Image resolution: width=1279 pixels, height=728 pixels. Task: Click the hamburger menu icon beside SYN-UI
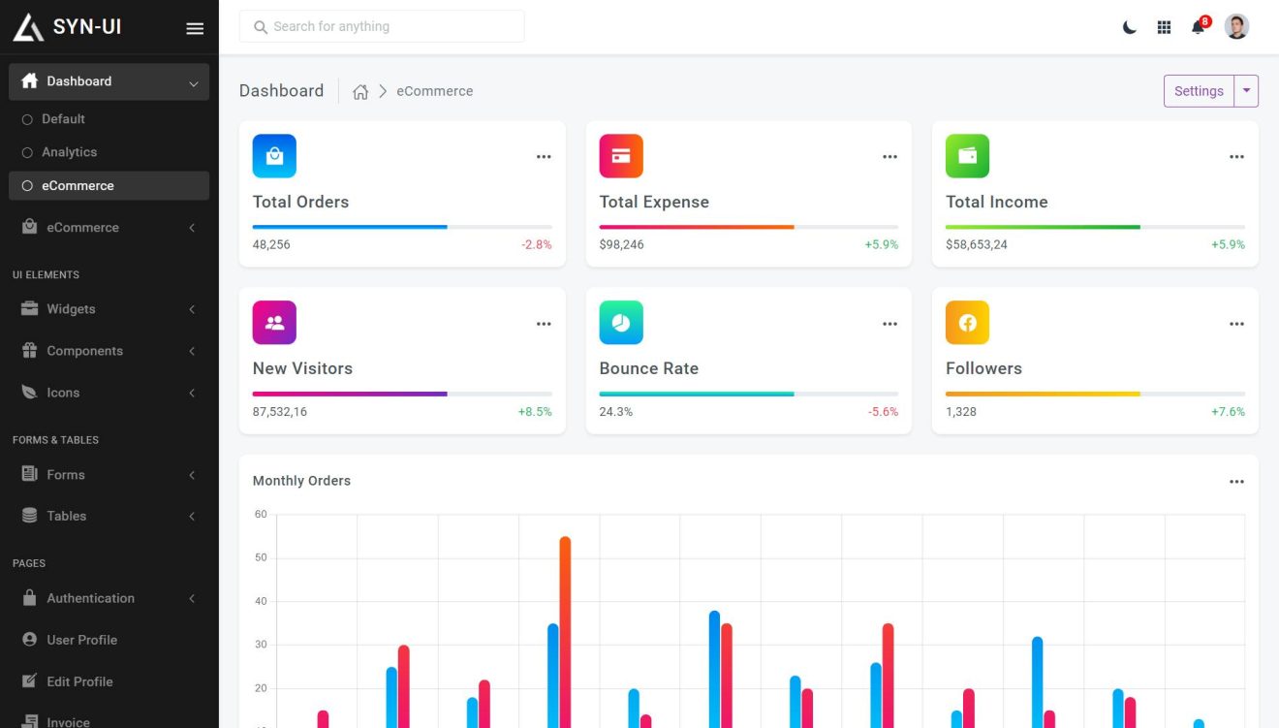(195, 28)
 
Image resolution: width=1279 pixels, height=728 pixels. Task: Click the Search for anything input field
(382, 26)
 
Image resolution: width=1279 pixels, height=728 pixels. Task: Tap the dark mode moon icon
(1129, 27)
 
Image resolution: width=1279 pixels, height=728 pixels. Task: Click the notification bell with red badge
(1199, 26)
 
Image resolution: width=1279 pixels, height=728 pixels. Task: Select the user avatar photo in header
(1236, 26)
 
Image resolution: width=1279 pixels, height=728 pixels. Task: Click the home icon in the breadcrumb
(360, 91)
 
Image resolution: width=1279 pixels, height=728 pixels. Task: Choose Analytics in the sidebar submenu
(69, 152)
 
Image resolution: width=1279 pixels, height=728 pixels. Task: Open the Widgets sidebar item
(71, 309)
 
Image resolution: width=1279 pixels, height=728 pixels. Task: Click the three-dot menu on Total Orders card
(544, 157)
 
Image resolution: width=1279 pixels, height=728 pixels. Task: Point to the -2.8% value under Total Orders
(536, 244)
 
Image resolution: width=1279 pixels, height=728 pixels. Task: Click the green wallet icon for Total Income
(967, 156)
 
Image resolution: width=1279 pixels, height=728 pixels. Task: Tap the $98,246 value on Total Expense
(621, 244)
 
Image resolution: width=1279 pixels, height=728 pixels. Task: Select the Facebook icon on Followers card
(967, 323)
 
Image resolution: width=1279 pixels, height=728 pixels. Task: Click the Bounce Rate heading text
(648, 368)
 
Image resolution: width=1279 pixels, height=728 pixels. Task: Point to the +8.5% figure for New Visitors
(535, 412)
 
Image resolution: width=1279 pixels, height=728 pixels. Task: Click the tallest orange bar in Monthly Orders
(565, 630)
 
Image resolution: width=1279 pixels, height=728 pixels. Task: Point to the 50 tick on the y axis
(261, 557)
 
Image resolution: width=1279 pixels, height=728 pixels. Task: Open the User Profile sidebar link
(81, 640)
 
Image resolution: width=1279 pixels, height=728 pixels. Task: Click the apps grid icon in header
(1164, 27)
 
